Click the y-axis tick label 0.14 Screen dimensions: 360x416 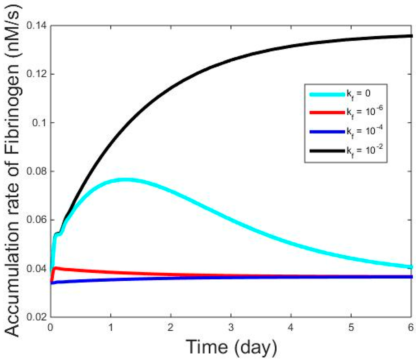tap(36, 26)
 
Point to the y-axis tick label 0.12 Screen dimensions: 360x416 tap(36, 74)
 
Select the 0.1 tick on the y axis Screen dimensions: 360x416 tap(39, 123)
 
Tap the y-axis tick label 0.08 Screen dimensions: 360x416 tap(36, 171)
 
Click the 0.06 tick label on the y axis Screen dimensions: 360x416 tap(36, 220)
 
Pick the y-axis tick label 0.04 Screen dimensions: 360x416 tap(36, 269)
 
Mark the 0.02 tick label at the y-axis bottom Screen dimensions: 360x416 tap(36, 317)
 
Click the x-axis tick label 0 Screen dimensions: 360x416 tap(50, 326)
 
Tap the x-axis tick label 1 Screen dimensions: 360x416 tap(110, 326)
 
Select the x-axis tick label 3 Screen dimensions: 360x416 tap(231, 326)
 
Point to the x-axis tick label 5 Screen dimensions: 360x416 tap(351, 326)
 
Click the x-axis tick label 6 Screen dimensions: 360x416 tap(411, 326)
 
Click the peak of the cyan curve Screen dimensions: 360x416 tap(126, 179)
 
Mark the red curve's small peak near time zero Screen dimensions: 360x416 tap(56, 267)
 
